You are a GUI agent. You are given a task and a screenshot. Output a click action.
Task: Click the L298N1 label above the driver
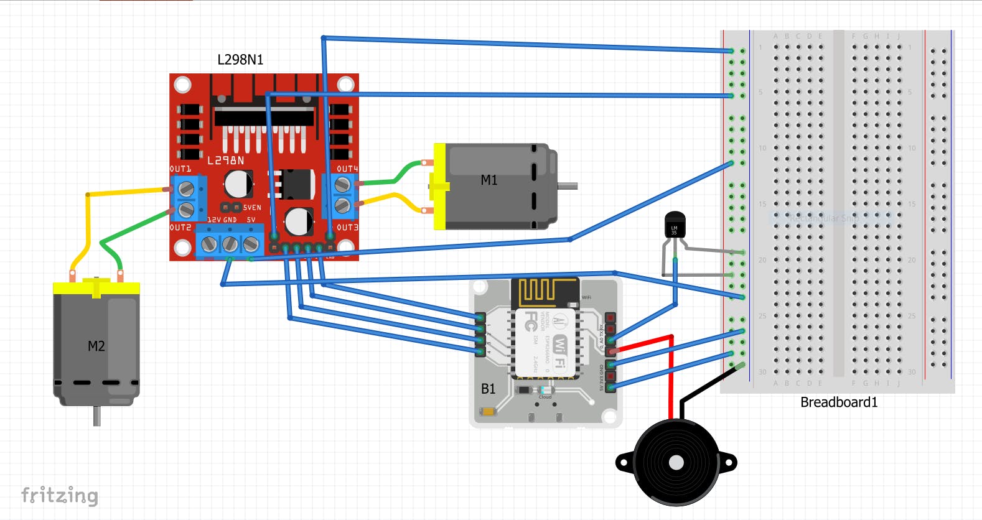240,60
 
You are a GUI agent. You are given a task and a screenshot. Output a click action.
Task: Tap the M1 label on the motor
489,180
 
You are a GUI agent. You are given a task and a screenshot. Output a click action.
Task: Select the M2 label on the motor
96,346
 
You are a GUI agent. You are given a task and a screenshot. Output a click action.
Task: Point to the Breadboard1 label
839,402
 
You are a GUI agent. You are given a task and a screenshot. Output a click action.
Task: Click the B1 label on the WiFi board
489,389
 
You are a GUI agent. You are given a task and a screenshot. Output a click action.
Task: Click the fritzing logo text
60,495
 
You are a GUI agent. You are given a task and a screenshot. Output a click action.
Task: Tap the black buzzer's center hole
676,462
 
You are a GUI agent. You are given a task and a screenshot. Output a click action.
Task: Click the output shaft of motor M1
568,186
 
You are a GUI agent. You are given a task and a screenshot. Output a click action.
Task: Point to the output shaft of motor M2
96,416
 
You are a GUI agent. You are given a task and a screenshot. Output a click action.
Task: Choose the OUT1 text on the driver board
180,169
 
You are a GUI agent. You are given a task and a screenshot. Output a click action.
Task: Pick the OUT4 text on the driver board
347,169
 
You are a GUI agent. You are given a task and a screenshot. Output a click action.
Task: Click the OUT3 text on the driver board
347,228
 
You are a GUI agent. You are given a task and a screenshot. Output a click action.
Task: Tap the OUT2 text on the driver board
180,228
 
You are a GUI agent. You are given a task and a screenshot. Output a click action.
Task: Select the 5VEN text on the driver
252,208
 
